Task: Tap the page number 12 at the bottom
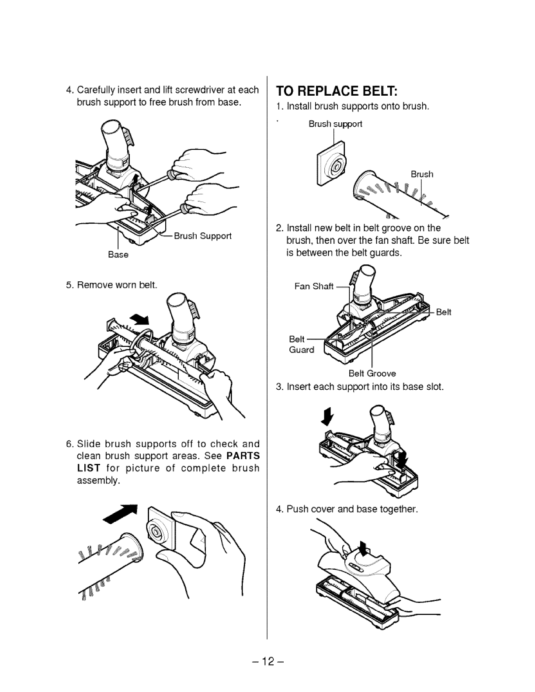coord(267,661)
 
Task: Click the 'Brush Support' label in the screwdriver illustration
coord(202,236)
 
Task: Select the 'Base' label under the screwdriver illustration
coord(118,255)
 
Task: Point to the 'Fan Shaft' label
coord(314,287)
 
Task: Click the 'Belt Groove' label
coord(372,374)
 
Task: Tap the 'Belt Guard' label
coord(301,345)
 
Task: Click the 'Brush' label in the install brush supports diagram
coord(422,174)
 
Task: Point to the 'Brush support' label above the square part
coord(335,124)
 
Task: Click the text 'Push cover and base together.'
coord(352,509)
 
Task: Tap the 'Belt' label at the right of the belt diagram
coord(443,312)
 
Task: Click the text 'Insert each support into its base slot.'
coord(365,387)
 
